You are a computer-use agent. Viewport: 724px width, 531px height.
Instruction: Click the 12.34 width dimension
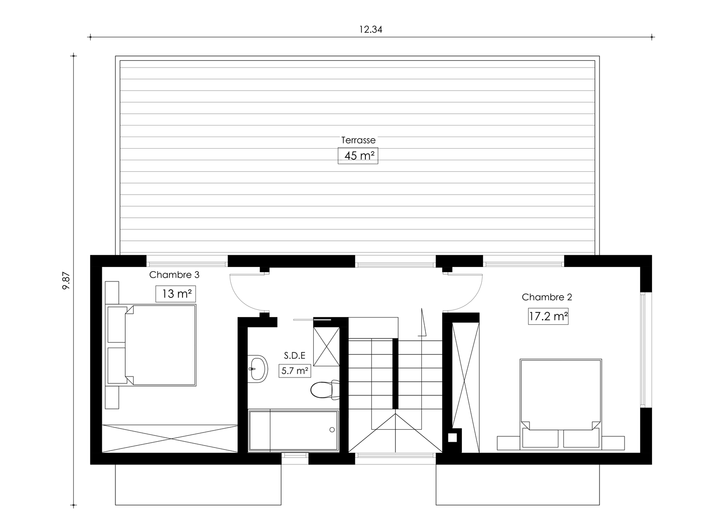click(371, 30)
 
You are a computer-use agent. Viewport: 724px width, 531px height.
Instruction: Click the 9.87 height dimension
click(66, 281)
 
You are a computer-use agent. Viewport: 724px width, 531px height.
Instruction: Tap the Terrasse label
click(358, 140)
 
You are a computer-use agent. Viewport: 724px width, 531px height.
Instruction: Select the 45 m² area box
click(358, 156)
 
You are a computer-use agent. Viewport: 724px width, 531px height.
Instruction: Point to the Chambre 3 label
click(174, 275)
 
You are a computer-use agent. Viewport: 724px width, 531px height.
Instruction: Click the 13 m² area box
click(176, 294)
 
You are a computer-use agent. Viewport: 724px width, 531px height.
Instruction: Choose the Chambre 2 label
click(547, 297)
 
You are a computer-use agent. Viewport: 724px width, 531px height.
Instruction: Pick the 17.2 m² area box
click(548, 316)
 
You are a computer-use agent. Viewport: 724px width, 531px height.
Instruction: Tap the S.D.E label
click(295, 355)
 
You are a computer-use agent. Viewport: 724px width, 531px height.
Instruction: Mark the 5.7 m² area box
click(295, 371)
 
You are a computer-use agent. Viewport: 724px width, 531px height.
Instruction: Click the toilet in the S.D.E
click(325, 390)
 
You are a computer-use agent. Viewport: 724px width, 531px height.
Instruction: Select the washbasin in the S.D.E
click(258, 369)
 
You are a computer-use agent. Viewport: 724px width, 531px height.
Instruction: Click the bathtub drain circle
click(332, 430)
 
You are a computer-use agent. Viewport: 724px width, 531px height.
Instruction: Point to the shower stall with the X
click(326, 347)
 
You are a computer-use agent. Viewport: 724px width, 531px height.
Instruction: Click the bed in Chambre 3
click(151, 345)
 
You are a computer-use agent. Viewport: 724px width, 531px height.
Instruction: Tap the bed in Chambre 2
click(561, 405)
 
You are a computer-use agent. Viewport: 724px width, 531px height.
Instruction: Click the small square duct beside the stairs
click(452, 438)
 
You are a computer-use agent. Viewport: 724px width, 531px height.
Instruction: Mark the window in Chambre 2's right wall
click(643, 350)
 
